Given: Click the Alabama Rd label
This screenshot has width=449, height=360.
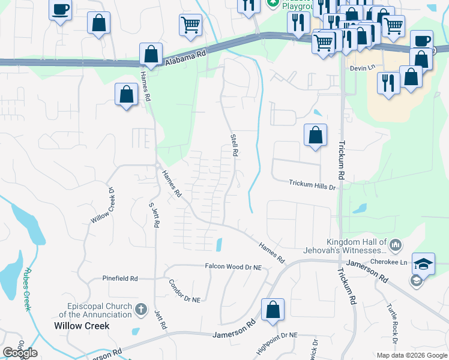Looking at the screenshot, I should point(185,53).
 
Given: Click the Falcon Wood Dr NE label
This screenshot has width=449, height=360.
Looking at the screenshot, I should point(234,266).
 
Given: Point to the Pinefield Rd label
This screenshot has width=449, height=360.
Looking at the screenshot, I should point(120,278).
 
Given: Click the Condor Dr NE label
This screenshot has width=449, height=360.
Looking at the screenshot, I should point(184,290).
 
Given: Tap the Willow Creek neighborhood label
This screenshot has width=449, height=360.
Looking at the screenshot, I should point(82,326).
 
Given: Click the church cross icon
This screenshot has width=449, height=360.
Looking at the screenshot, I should point(140,310).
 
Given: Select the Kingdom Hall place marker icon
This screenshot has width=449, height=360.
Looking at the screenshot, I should point(396,245).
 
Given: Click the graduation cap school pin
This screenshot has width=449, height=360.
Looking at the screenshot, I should point(423,263).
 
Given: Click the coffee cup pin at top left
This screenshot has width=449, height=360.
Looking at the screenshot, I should point(61,10).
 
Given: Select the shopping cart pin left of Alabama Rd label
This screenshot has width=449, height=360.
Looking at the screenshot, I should point(190,25).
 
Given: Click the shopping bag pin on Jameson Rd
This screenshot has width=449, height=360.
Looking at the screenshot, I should point(273,310).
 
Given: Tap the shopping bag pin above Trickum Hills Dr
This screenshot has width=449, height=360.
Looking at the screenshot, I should point(315,135).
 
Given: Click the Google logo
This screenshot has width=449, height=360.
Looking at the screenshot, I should point(20,353).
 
